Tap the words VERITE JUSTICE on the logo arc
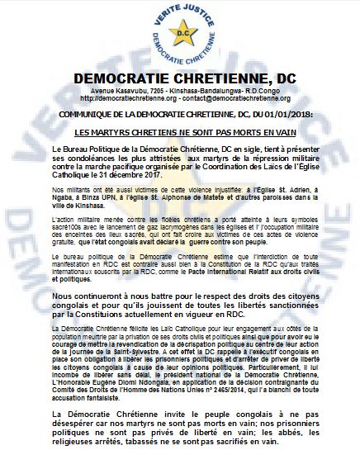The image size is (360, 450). pyautogui.click(x=180, y=8)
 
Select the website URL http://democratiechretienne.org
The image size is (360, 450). pyautogui.click(x=120, y=97)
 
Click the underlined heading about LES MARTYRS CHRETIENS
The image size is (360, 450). pyautogui.click(x=179, y=132)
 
